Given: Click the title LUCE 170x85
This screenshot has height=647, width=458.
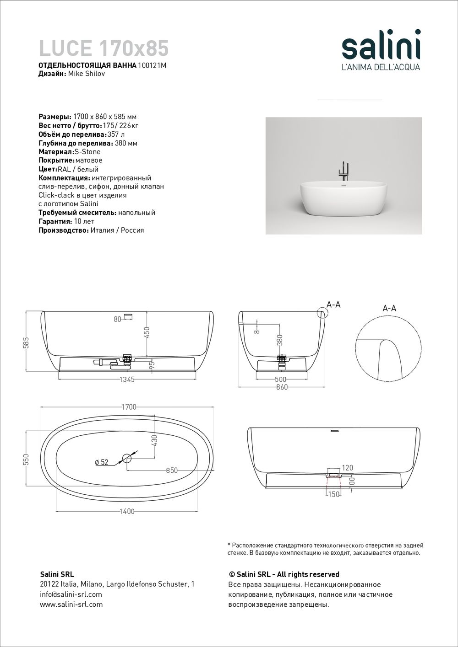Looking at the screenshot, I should [x=104, y=48].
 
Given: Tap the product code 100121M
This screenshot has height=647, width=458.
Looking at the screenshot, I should [x=152, y=65].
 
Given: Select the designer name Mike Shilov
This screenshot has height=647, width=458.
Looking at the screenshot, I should [x=87, y=74].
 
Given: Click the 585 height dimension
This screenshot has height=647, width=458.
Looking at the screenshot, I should [x=26, y=342].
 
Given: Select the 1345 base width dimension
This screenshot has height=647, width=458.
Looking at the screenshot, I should [x=127, y=380].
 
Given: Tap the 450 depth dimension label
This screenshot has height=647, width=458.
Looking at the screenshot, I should [x=147, y=332].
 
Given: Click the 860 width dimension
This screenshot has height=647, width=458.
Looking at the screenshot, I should [x=282, y=387].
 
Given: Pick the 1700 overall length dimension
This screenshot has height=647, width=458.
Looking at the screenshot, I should [x=129, y=407].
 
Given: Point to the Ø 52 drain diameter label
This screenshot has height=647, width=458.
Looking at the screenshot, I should [x=102, y=462].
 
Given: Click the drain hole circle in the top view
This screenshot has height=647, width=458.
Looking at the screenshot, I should [x=127, y=458].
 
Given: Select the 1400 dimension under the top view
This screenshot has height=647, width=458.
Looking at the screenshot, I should [x=126, y=511].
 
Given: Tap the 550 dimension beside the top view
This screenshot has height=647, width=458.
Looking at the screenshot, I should [x=26, y=458].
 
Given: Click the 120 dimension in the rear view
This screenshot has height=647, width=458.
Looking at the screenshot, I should [x=348, y=468].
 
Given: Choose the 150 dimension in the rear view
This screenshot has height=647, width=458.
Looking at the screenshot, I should [x=334, y=494].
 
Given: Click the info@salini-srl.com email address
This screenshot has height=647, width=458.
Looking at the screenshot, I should [x=71, y=594].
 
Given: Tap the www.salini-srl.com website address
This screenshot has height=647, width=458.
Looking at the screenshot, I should [x=71, y=604].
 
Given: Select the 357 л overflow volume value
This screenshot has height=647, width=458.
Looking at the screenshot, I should [x=116, y=134].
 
